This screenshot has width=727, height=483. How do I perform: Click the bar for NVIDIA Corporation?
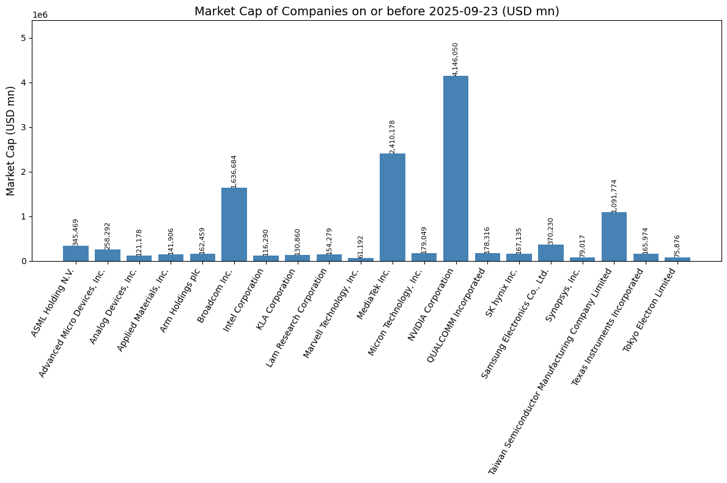pos(456,168)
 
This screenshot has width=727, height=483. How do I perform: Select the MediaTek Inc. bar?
pos(392,207)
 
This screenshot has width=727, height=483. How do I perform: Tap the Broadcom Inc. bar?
pos(234,224)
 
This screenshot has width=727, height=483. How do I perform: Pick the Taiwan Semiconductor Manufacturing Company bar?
pos(614,237)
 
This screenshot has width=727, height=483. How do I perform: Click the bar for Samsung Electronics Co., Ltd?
pos(550,253)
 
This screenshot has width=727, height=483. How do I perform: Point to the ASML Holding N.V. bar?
pos(75,254)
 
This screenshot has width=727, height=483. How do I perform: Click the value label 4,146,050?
pos(456,59)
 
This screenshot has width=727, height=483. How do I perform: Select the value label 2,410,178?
pos(393,136)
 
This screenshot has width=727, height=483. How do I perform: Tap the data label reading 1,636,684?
pos(234,171)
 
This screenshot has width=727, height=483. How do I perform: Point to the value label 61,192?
pos(361,246)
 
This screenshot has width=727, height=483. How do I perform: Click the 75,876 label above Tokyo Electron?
pos(677,246)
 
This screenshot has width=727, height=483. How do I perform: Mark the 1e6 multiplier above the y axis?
pos(40,15)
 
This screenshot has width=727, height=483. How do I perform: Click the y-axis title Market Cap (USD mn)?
pos(11,141)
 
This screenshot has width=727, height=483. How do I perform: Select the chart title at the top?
pos(377,11)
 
